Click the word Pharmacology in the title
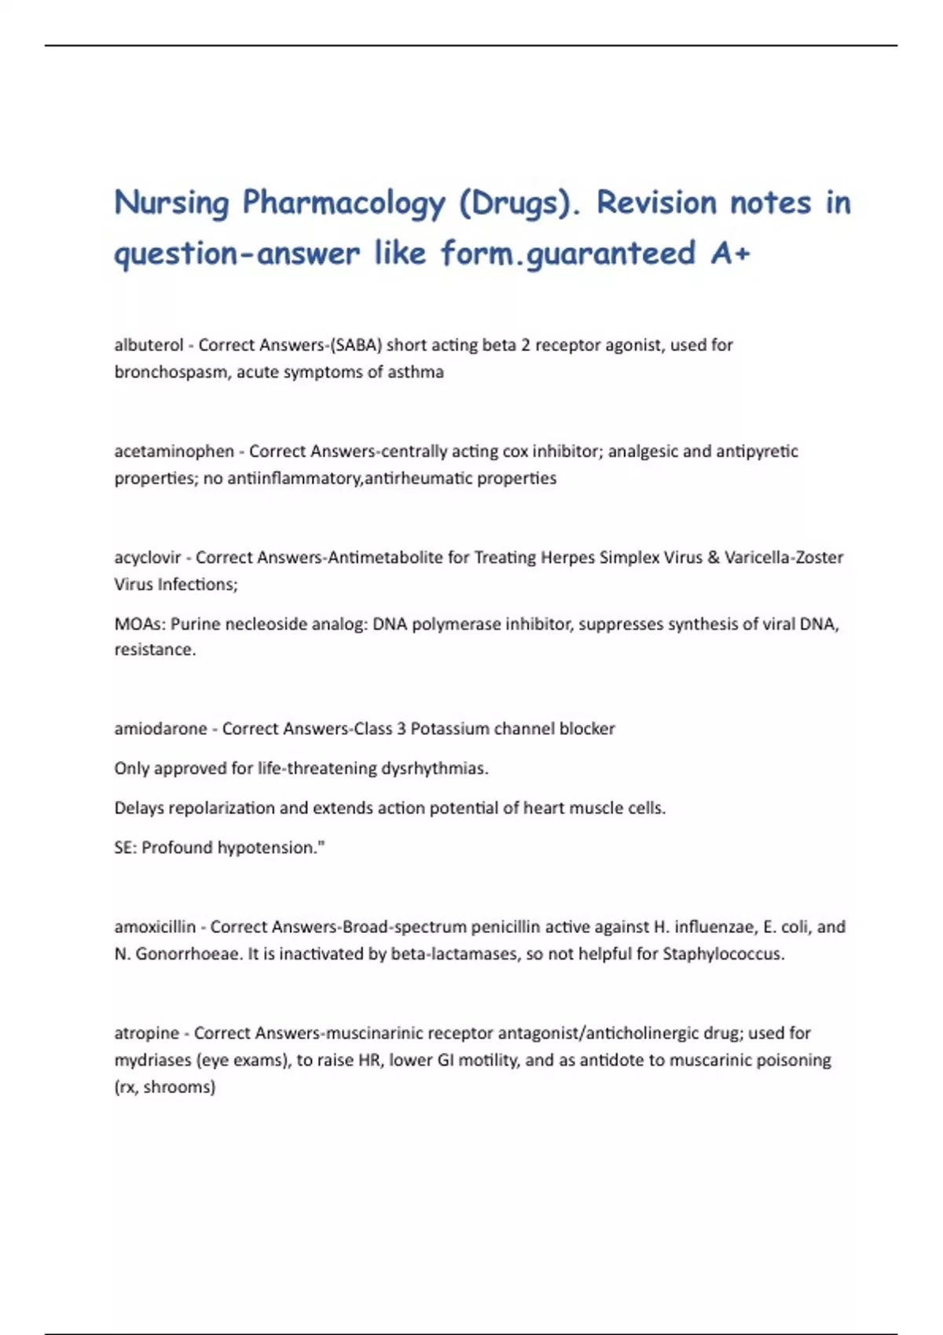click(343, 203)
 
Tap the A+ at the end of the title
click(730, 254)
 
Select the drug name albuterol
click(149, 345)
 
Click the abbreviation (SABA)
click(356, 345)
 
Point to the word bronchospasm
click(171, 372)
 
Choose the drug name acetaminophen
click(174, 452)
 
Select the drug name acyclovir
click(148, 558)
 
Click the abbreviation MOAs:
click(139, 624)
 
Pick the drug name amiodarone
click(160, 729)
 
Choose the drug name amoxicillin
click(155, 927)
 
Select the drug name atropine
click(146, 1033)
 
